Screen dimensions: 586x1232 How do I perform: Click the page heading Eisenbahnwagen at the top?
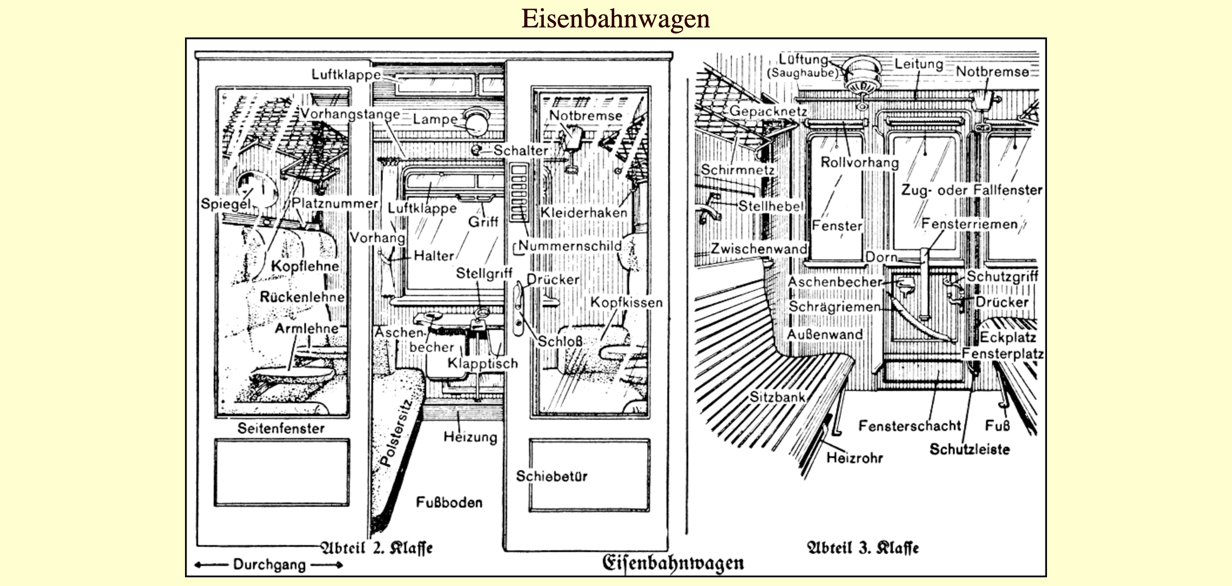[x=615, y=19]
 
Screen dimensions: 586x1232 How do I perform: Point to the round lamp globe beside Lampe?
[x=476, y=123]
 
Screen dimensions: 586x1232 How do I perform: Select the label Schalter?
[x=521, y=150]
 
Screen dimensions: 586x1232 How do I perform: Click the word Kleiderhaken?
[x=583, y=212]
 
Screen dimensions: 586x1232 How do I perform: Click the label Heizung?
[x=470, y=437]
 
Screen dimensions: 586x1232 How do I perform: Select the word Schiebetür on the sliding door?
[x=552, y=476]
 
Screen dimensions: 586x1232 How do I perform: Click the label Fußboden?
[x=449, y=502]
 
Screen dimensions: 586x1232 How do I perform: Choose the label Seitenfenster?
[x=281, y=428]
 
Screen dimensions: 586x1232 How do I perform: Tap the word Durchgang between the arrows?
[x=269, y=565]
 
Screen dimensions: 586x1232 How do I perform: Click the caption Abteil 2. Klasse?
[x=377, y=548]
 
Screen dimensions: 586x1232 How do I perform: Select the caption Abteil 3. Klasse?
[x=863, y=548]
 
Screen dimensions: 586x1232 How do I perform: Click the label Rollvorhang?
[x=859, y=162]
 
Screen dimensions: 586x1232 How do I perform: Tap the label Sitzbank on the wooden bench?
[x=777, y=397]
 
